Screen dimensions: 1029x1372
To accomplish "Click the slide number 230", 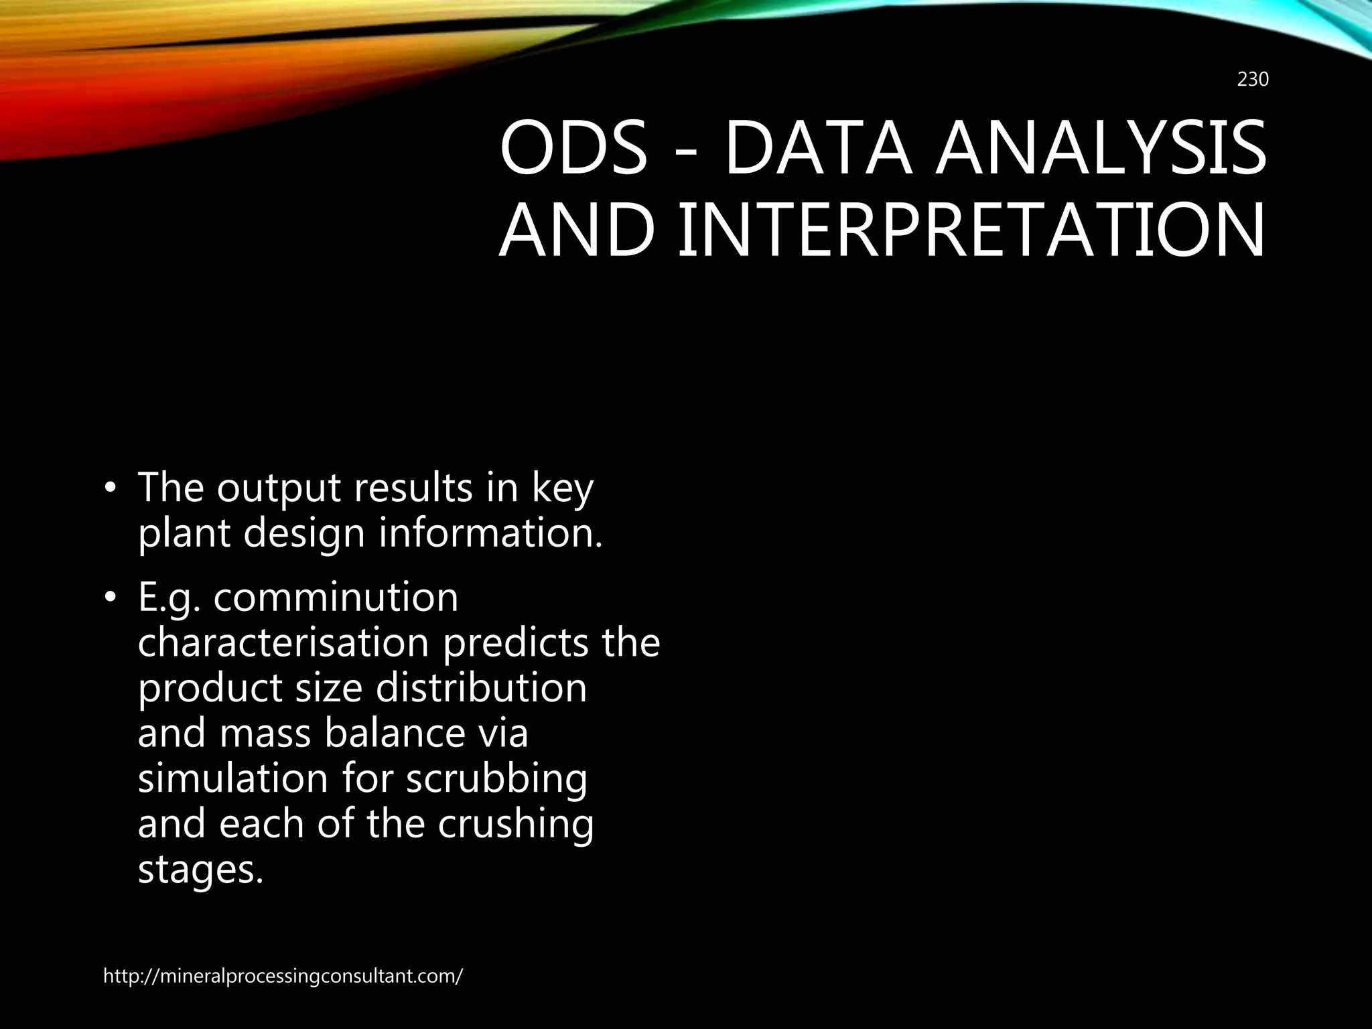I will [x=1252, y=80].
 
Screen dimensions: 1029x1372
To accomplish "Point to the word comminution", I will [x=336, y=598].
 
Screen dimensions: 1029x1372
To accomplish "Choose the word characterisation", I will [x=283, y=642].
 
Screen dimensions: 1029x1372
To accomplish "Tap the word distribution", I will [x=481, y=688].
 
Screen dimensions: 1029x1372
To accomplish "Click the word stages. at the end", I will [x=200, y=869].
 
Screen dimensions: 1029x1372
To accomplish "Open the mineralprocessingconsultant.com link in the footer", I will [x=283, y=976].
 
